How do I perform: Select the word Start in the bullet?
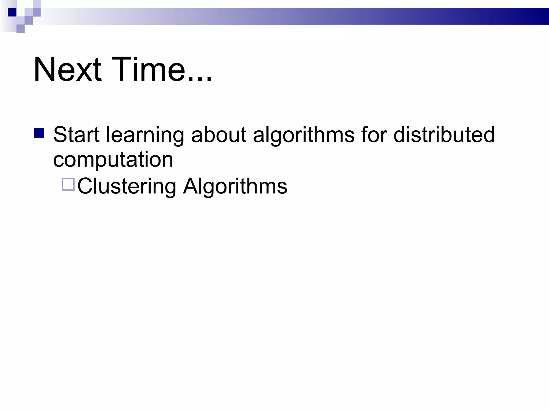76,135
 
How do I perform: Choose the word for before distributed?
374,135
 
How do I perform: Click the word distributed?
444,135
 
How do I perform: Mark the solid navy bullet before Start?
39,133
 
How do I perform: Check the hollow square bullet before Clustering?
68,184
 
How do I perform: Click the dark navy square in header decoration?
12,12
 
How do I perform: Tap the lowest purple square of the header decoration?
20,28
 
